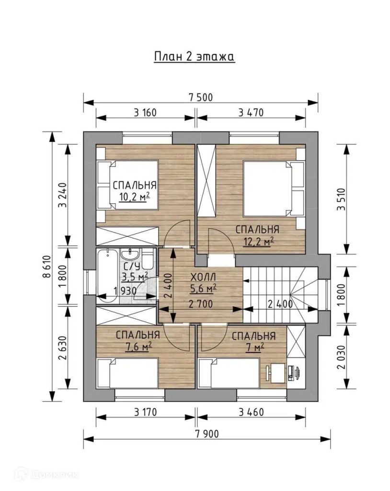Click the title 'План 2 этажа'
point(195,57)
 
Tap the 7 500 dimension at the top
point(200,97)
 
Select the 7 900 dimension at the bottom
point(206,433)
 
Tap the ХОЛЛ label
point(204,278)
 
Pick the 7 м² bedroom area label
point(254,347)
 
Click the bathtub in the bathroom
point(108,276)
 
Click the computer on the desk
point(293,373)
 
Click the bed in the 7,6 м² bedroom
point(127,373)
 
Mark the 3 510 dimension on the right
point(341,199)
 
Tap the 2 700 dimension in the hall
point(201,304)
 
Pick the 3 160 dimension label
point(145,112)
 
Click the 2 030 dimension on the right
point(341,357)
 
